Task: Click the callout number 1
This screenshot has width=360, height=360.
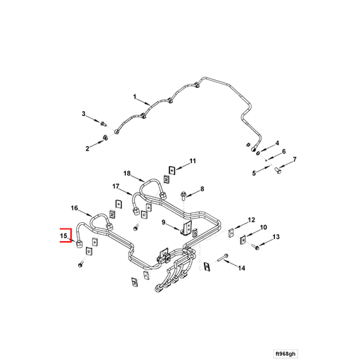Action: point(134,96)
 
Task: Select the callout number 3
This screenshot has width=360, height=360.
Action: point(84,114)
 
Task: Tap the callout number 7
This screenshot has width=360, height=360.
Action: point(295,160)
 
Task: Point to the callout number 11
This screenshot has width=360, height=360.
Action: point(193,161)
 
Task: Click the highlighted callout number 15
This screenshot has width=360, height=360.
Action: point(63,236)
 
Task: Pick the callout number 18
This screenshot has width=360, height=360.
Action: point(127,174)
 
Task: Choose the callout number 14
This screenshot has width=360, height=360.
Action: point(242,268)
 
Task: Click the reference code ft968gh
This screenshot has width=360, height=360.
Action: point(285,353)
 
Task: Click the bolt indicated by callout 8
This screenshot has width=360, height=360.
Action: point(184,195)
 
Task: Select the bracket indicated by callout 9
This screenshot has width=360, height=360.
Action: point(187,228)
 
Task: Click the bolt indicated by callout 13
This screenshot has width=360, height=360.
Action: point(255,247)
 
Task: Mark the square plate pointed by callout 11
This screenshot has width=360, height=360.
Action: point(172,170)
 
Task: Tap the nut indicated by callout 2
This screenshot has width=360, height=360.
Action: point(105,138)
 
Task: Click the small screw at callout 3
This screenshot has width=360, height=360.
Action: point(103,123)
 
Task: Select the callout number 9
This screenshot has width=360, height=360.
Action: point(164,222)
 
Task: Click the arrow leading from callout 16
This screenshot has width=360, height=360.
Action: point(85,213)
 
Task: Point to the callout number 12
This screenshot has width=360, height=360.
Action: point(251,220)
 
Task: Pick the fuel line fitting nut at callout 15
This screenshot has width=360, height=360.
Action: point(79,244)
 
